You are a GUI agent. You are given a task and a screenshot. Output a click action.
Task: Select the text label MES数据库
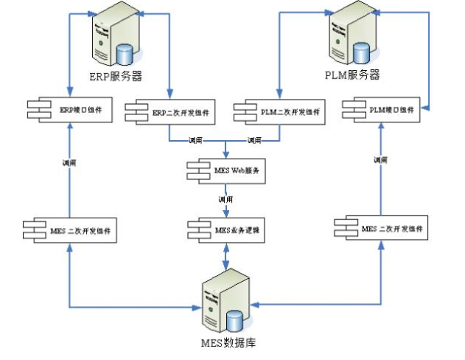coord(229,344)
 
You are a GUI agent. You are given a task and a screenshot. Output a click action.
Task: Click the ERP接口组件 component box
coord(69,110)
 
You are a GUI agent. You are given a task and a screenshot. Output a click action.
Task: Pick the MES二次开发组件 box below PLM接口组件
coord(380,229)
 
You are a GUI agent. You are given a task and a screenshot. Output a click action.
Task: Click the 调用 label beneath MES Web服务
coord(225,200)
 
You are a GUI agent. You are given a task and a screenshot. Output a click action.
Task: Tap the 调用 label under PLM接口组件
coord(380,159)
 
